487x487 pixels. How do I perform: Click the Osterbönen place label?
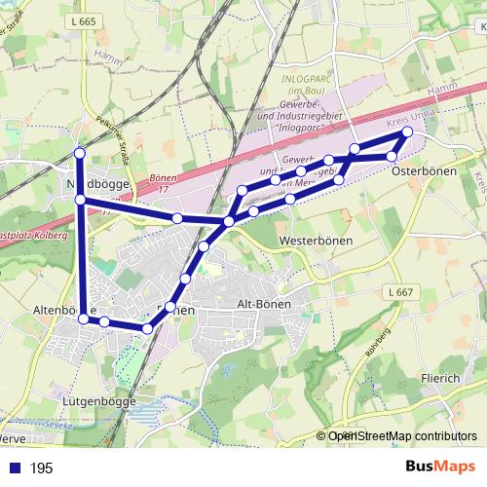[x=424, y=171]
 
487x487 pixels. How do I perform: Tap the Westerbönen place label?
[x=314, y=239]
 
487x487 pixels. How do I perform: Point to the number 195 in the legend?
[x=41, y=468]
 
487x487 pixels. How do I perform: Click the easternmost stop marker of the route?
[x=407, y=132]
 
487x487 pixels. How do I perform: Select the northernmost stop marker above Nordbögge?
[x=80, y=154]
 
